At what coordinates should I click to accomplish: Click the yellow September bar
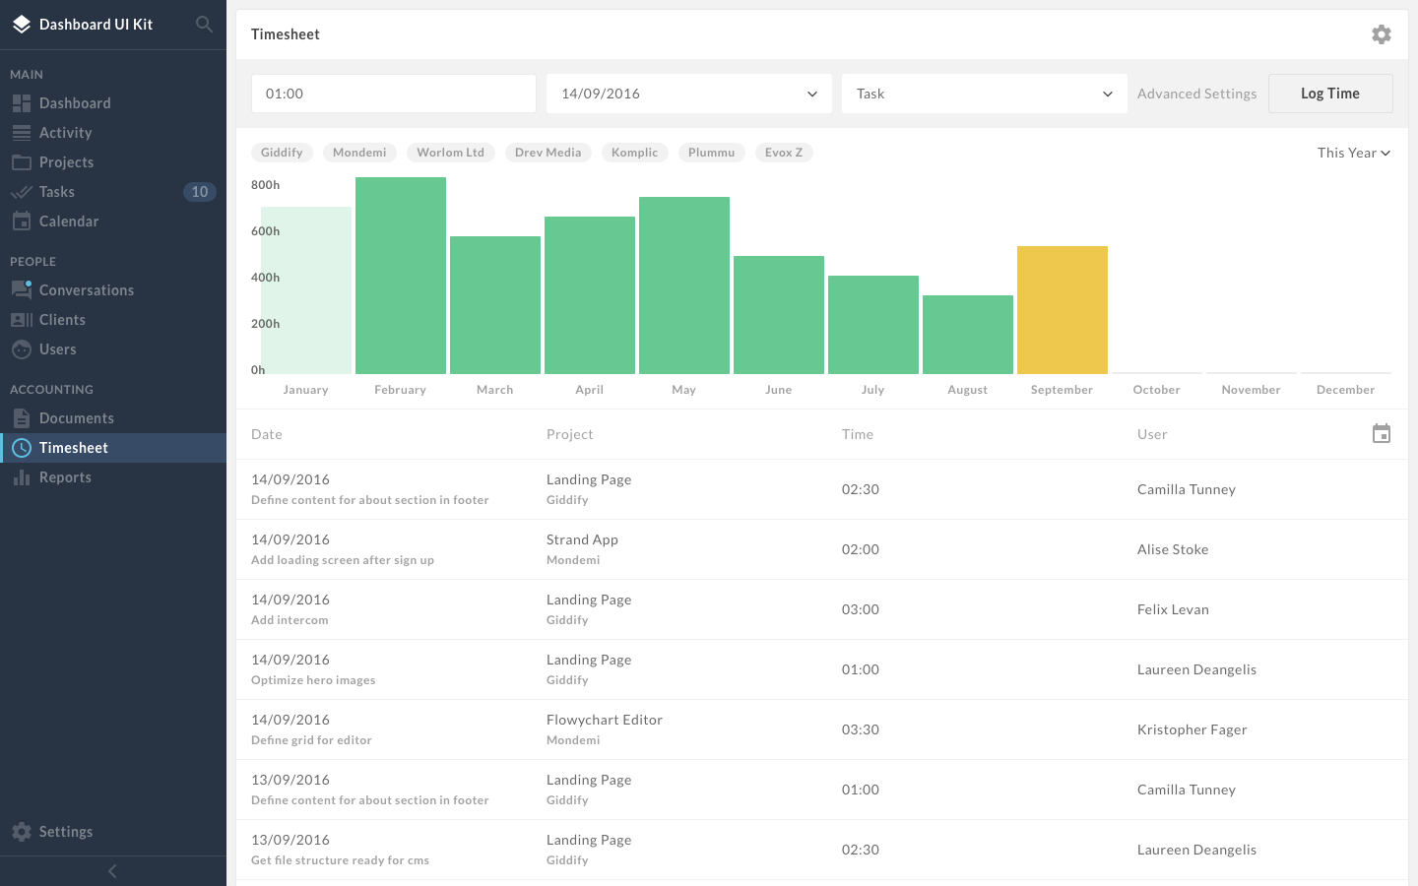click(x=1063, y=309)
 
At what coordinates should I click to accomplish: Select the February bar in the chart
click(x=401, y=276)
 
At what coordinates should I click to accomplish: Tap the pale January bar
click(x=306, y=289)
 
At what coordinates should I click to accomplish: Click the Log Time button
click(x=1330, y=94)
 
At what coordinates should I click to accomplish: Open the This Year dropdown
click(x=1353, y=153)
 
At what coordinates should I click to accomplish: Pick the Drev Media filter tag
click(x=548, y=153)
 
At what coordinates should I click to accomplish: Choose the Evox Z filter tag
click(x=784, y=153)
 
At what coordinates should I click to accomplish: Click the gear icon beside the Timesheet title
click(x=1382, y=34)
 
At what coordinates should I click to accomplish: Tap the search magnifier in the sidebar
click(x=204, y=24)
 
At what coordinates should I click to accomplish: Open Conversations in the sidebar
click(x=87, y=289)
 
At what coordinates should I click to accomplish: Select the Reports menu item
click(x=65, y=477)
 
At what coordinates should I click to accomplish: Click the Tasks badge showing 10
click(x=199, y=192)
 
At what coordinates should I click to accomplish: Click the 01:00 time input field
click(x=394, y=94)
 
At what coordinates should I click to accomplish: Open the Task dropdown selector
click(x=985, y=94)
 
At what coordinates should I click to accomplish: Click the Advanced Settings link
click(x=1196, y=94)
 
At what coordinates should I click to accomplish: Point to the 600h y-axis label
click(x=265, y=231)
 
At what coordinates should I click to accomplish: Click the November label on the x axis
click(x=1251, y=390)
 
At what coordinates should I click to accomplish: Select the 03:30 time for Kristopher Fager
click(x=861, y=729)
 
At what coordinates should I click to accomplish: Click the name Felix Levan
click(x=1173, y=609)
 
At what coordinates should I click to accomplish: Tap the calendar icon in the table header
click(x=1382, y=433)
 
